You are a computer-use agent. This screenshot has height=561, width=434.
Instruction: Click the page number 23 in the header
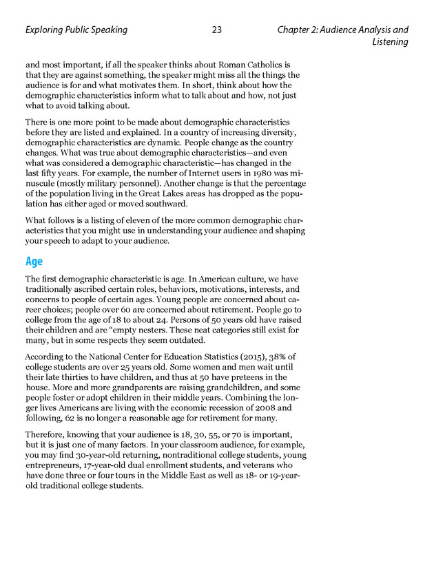217,30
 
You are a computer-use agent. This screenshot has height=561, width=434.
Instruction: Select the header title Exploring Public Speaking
76,30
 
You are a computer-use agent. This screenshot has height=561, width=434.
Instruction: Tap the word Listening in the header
390,42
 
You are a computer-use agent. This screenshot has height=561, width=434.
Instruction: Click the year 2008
258,407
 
